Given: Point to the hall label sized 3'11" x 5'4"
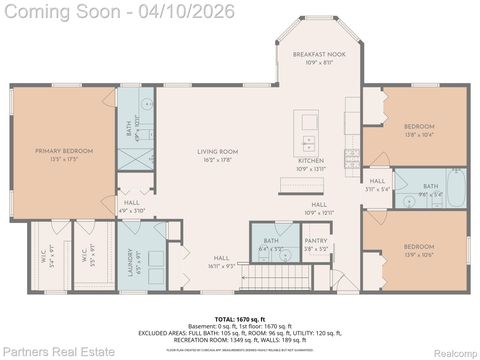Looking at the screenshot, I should point(377,182).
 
